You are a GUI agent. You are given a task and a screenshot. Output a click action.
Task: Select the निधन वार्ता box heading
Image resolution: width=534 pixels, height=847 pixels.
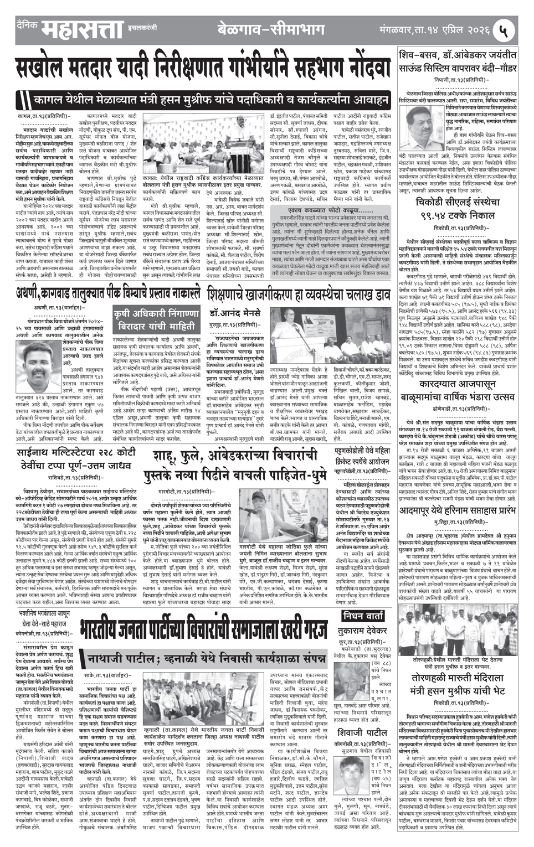click(362, 616)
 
